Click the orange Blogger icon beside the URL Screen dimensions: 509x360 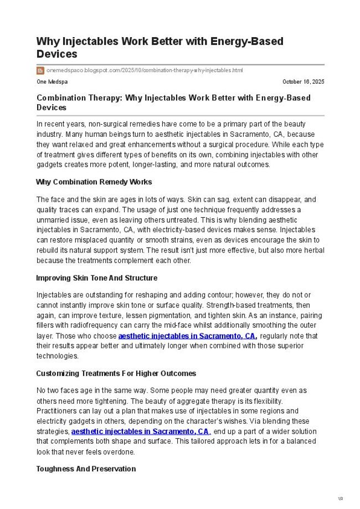[x=40, y=70]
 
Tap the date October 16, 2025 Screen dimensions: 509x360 [x=303, y=82]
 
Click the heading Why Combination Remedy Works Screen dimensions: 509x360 [x=94, y=182]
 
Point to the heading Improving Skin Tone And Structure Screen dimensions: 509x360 [x=96, y=278]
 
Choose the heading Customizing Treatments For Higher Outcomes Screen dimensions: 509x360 [x=116, y=373]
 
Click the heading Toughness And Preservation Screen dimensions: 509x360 [x=86, y=469]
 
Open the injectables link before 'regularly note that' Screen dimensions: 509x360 [x=187, y=336]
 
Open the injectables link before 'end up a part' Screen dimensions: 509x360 [x=140, y=431]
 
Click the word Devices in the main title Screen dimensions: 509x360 [x=56, y=54]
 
